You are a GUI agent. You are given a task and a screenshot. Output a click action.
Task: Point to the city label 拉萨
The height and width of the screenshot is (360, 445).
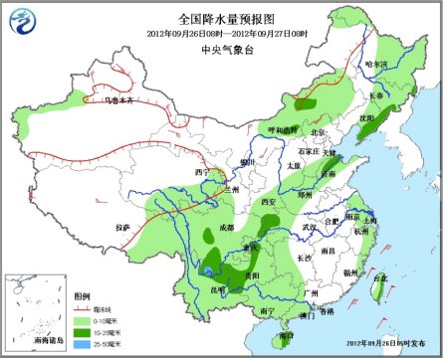(122, 227)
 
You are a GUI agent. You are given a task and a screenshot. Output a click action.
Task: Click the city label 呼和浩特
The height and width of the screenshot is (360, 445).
(279, 130)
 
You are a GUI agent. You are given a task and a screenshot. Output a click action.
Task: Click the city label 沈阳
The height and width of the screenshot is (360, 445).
(366, 116)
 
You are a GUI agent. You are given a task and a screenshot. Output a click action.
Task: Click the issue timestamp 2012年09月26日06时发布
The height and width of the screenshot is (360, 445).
(388, 343)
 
